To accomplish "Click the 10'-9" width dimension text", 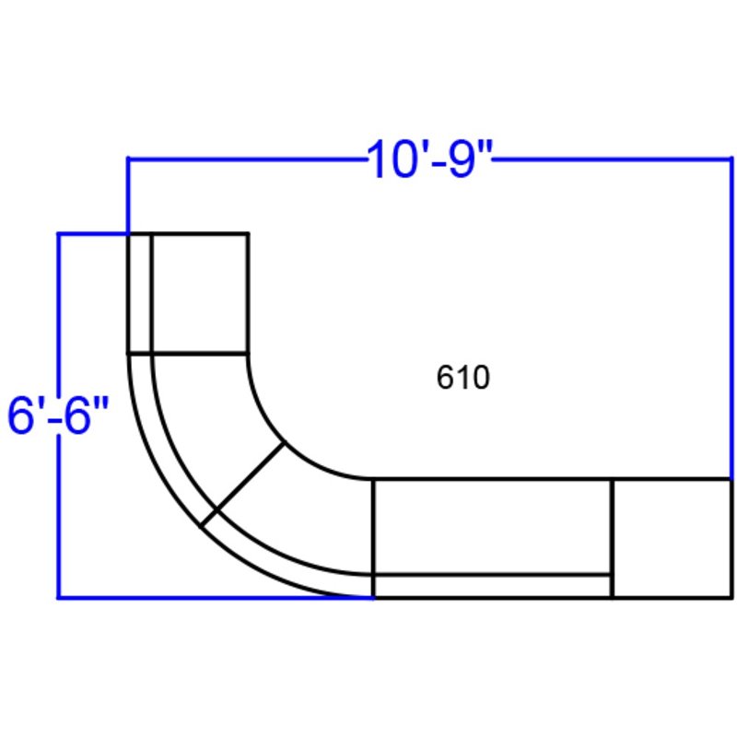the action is point(429,159).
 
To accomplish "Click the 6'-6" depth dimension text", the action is point(58,415).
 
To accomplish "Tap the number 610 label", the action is point(463,377).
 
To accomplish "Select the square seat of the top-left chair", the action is point(200,292).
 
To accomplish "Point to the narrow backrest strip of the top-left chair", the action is point(140,292).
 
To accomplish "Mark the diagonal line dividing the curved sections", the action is point(243,485).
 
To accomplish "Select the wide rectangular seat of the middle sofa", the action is point(492,526).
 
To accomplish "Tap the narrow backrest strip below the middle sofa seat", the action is point(492,586).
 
